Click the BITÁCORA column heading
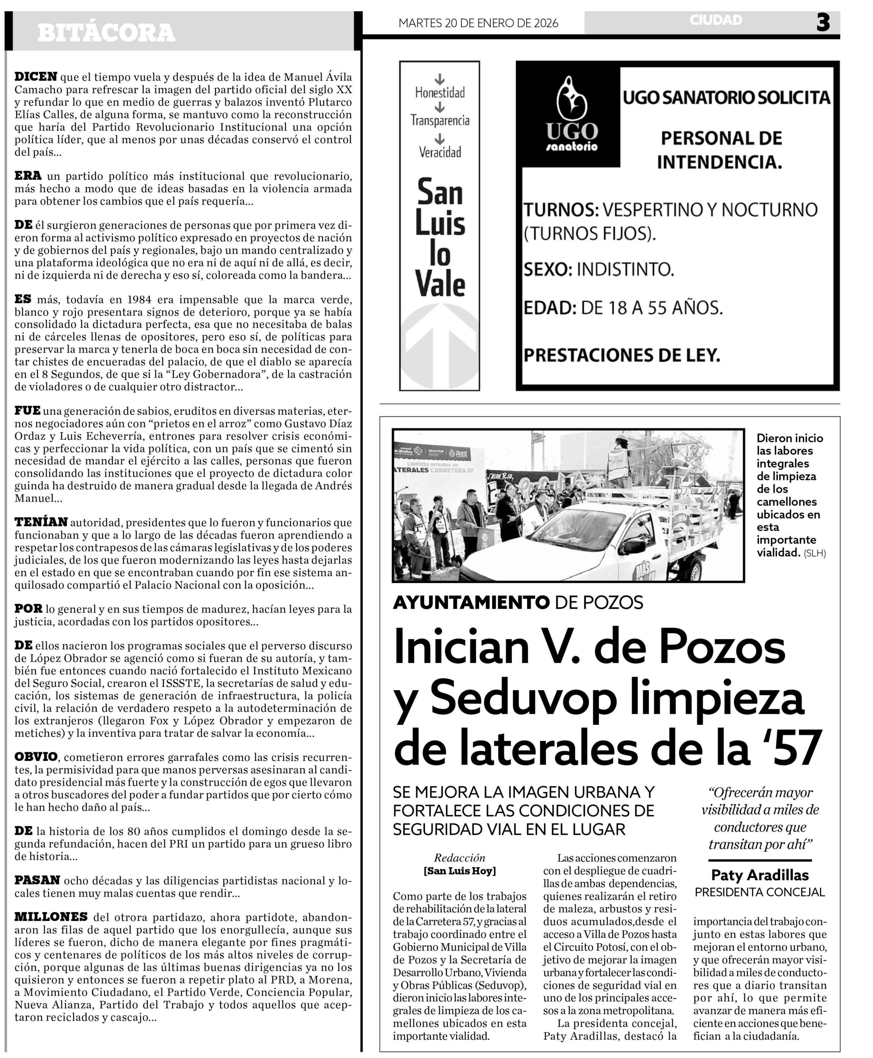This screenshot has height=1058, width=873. tap(106, 33)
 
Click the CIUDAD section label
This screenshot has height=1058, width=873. tap(716, 20)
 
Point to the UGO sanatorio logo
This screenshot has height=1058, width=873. tap(572, 116)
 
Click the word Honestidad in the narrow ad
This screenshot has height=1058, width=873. tap(439, 93)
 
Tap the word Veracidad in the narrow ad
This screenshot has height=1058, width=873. tap(439, 152)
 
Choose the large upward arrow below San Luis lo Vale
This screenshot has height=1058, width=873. tap(439, 347)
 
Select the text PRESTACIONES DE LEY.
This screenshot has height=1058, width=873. tap(622, 355)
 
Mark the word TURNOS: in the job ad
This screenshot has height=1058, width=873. tap(561, 210)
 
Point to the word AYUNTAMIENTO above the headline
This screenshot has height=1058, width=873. tap(471, 603)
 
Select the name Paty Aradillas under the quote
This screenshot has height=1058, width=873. tap(759, 875)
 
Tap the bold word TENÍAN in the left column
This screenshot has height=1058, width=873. tap(41, 522)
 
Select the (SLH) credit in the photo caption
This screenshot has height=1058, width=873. tap(815, 553)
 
